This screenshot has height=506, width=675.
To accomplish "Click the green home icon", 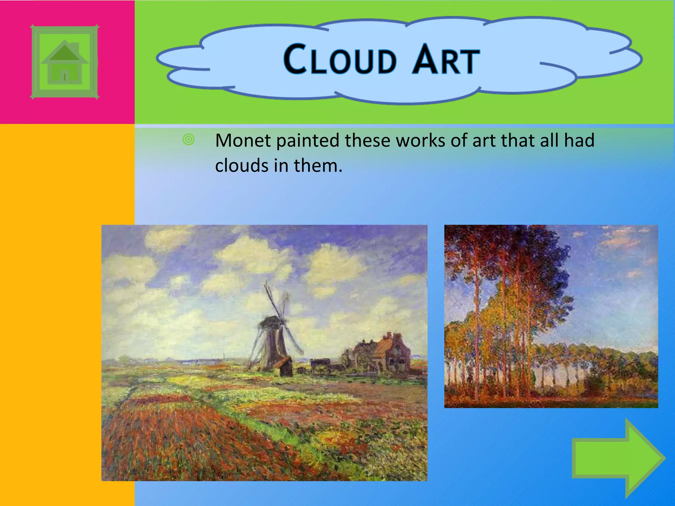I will tap(65, 62).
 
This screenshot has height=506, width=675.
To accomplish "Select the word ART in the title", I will tap(446, 60).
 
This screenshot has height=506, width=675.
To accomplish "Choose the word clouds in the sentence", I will tap(241, 165).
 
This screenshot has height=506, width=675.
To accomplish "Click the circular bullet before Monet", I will tap(189, 140).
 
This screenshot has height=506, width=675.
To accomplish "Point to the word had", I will tap(579, 141).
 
